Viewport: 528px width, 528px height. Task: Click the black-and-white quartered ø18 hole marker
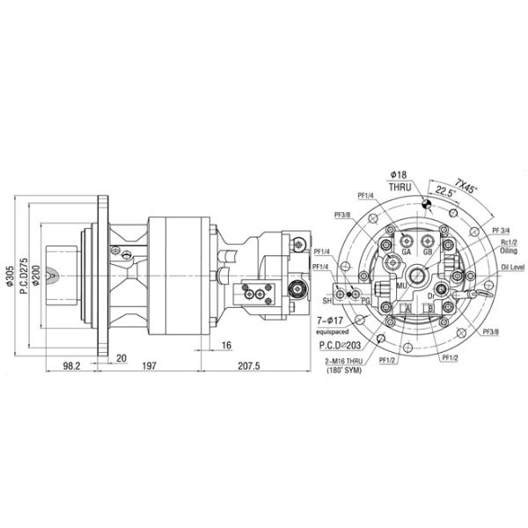coord(426,204)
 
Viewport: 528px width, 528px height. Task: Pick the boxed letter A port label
coord(407,309)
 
